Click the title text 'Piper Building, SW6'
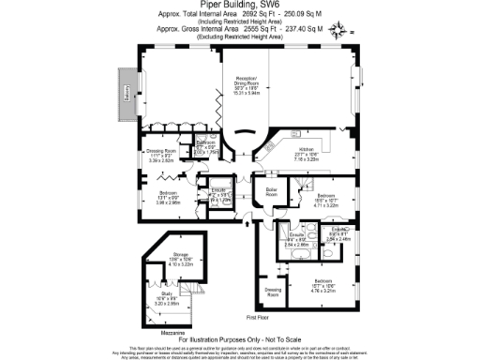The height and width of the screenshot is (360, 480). (240, 6)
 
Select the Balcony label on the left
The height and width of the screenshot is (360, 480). (122, 94)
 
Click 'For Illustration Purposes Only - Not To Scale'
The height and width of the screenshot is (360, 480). (240, 337)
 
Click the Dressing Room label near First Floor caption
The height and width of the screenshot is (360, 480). (275, 293)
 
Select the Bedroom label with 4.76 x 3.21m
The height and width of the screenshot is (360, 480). (323, 282)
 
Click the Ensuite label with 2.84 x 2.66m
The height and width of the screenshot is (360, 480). (297, 240)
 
